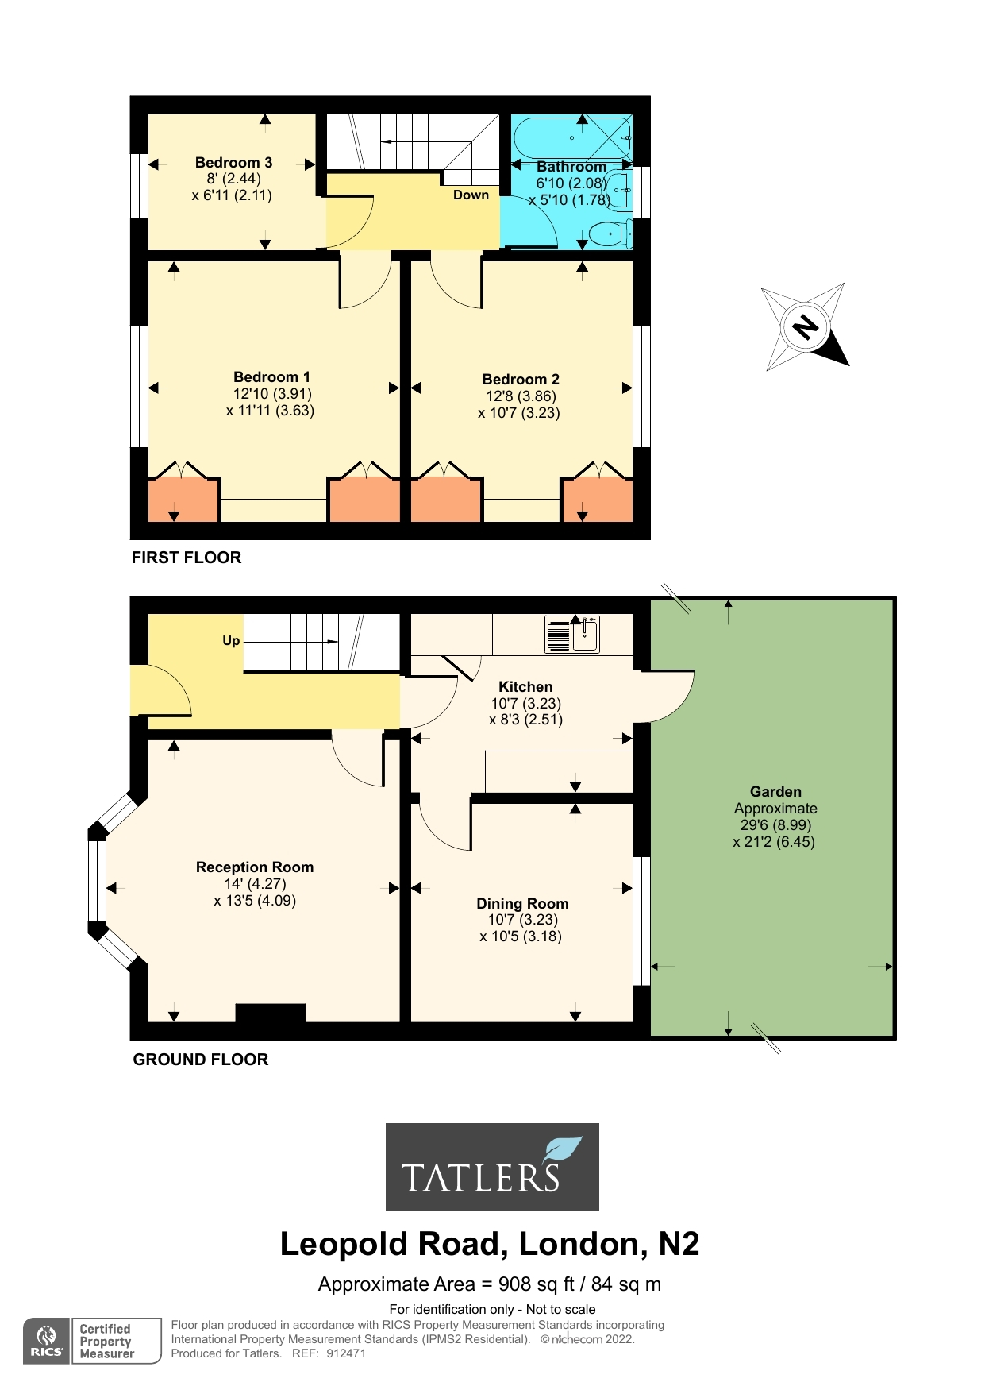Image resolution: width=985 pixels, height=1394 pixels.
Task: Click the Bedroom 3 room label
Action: (233, 163)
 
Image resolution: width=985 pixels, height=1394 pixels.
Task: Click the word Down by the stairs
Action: (471, 195)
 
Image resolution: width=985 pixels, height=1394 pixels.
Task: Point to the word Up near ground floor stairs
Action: (231, 641)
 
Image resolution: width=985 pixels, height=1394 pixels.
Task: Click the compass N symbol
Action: (806, 326)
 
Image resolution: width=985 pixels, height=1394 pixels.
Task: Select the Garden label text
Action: (775, 792)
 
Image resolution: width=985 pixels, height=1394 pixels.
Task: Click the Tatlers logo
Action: (492, 1167)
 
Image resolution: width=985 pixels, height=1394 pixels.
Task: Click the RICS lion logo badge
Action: (47, 1341)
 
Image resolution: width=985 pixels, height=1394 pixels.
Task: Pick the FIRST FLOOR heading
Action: (187, 558)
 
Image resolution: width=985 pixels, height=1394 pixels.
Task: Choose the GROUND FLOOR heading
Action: (201, 1060)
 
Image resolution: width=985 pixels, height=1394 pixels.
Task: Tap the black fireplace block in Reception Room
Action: (270, 1013)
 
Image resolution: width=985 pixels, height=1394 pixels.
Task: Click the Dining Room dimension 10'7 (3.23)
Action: (522, 920)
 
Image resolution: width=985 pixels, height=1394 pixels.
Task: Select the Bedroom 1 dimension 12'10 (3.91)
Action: (272, 394)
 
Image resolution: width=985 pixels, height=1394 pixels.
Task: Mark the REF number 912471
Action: (346, 1353)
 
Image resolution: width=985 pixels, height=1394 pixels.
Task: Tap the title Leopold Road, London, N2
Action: (490, 1244)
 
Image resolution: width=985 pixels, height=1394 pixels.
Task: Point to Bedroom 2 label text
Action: (521, 380)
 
